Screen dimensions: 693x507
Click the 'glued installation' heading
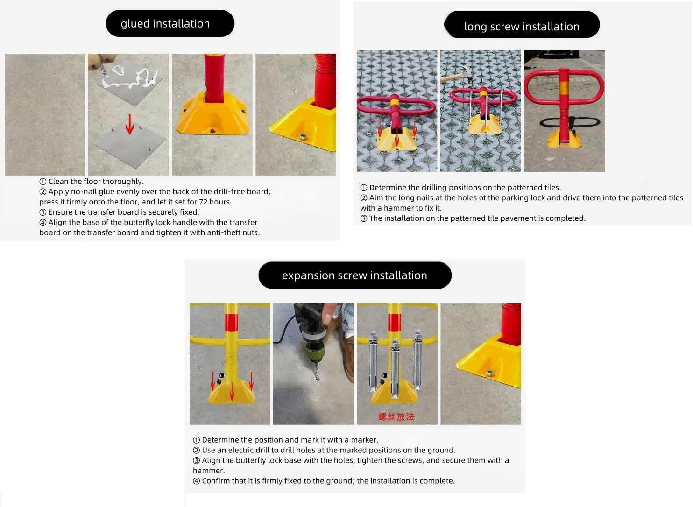point(165,24)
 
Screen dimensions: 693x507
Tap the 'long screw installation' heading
point(522,27)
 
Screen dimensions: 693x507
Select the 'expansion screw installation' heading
point(354,275)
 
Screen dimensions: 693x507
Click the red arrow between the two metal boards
point(130,124)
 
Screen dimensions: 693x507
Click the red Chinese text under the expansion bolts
point(396,417)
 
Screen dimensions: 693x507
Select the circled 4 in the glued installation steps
point(42,223)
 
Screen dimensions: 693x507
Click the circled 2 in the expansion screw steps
point(196,451)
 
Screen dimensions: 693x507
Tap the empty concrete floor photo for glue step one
point(45,114)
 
